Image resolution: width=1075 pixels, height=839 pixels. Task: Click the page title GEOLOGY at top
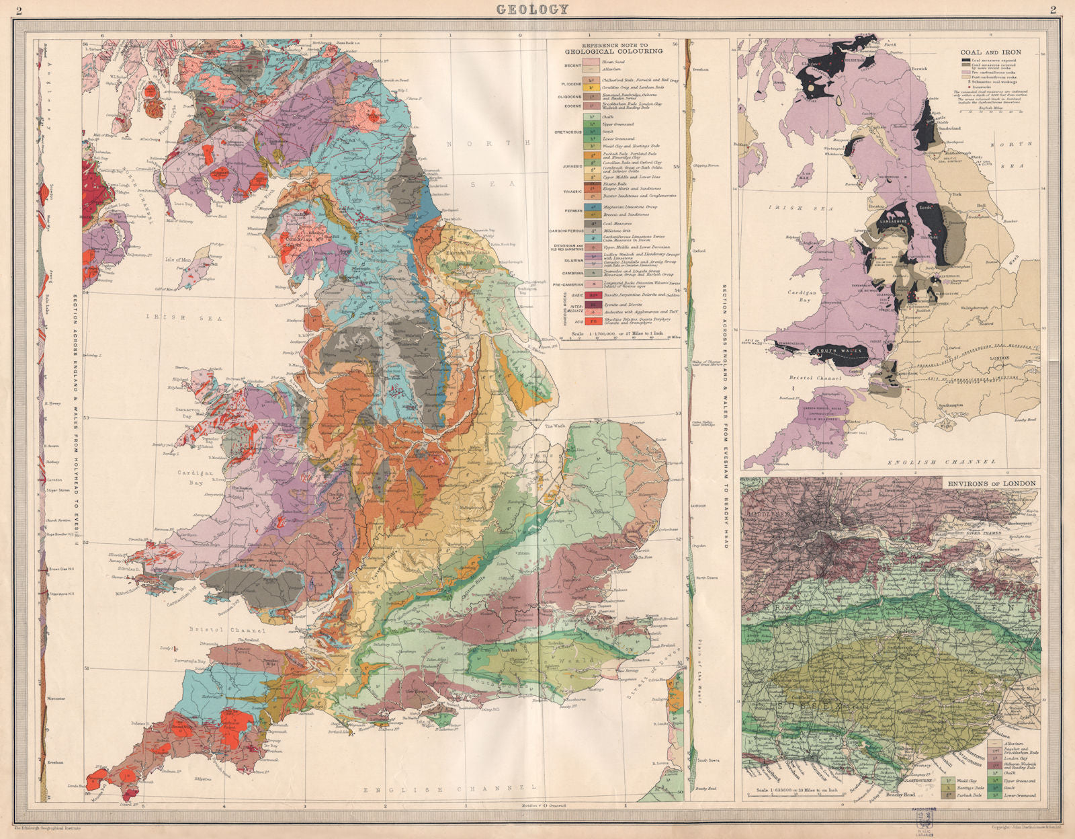[532, 9]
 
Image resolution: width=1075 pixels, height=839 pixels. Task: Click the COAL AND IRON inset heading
[990, 52]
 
